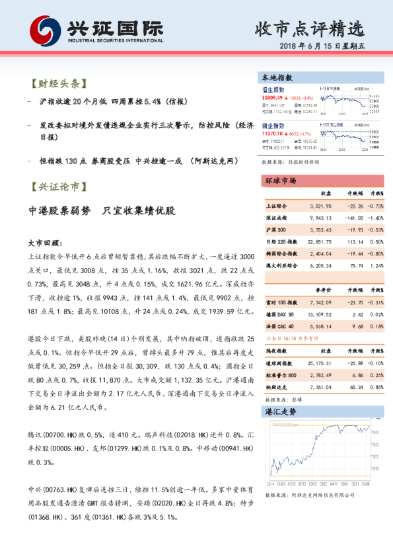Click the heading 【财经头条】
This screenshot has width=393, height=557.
(x=59, y=84)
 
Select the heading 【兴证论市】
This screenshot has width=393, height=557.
(x=59, y=188)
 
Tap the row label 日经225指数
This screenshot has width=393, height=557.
(x=282, y=241)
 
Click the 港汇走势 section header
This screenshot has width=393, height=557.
(x=280, y=411)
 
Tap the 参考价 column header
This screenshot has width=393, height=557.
(x=322, y=289)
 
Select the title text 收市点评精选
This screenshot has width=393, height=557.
(x=310, y=28)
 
